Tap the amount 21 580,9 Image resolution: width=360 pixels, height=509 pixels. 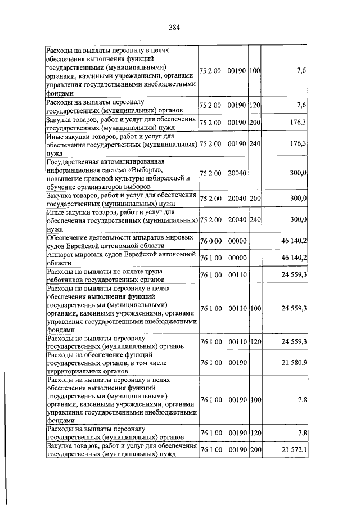tap(294, 364)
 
